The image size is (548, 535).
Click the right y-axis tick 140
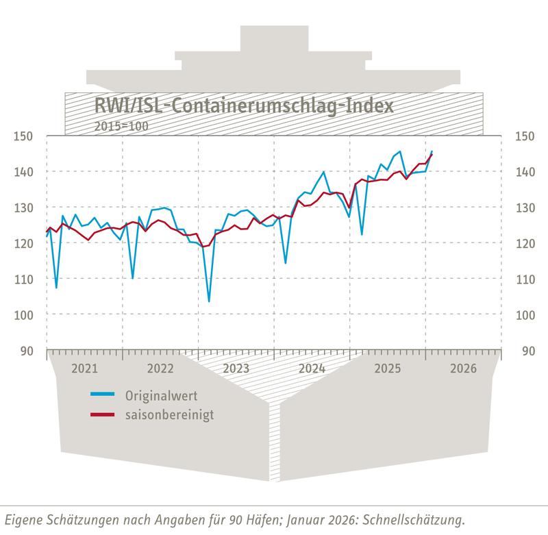tap(524, 171)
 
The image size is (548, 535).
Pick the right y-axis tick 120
tap(524, 243)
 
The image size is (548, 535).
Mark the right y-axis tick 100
tap(524, 314)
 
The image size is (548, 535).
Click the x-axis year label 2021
tap(84, 369)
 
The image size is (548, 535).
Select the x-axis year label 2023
tap(236, 369)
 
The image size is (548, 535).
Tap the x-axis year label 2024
tap(312, 369)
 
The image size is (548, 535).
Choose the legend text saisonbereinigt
tap(164, 414)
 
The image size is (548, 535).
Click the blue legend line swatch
tap(103, 395)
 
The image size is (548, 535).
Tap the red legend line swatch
tap(103, 414)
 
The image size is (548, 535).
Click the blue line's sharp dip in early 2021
tap(56, 288)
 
